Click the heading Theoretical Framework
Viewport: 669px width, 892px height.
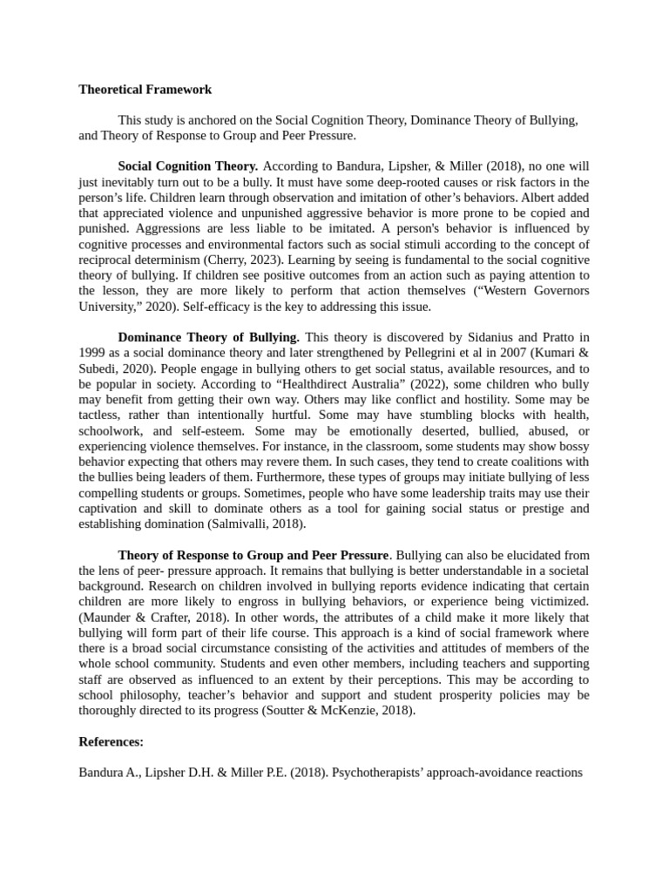coord(145,89)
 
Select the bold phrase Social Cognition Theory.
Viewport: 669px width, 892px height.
coord(187,166)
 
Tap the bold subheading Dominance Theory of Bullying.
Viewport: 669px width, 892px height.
coord(208,336)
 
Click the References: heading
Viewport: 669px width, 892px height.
coord(111,741)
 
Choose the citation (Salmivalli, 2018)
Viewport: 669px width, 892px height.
coord(256,524)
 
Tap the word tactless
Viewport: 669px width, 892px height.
coord(99,415)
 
